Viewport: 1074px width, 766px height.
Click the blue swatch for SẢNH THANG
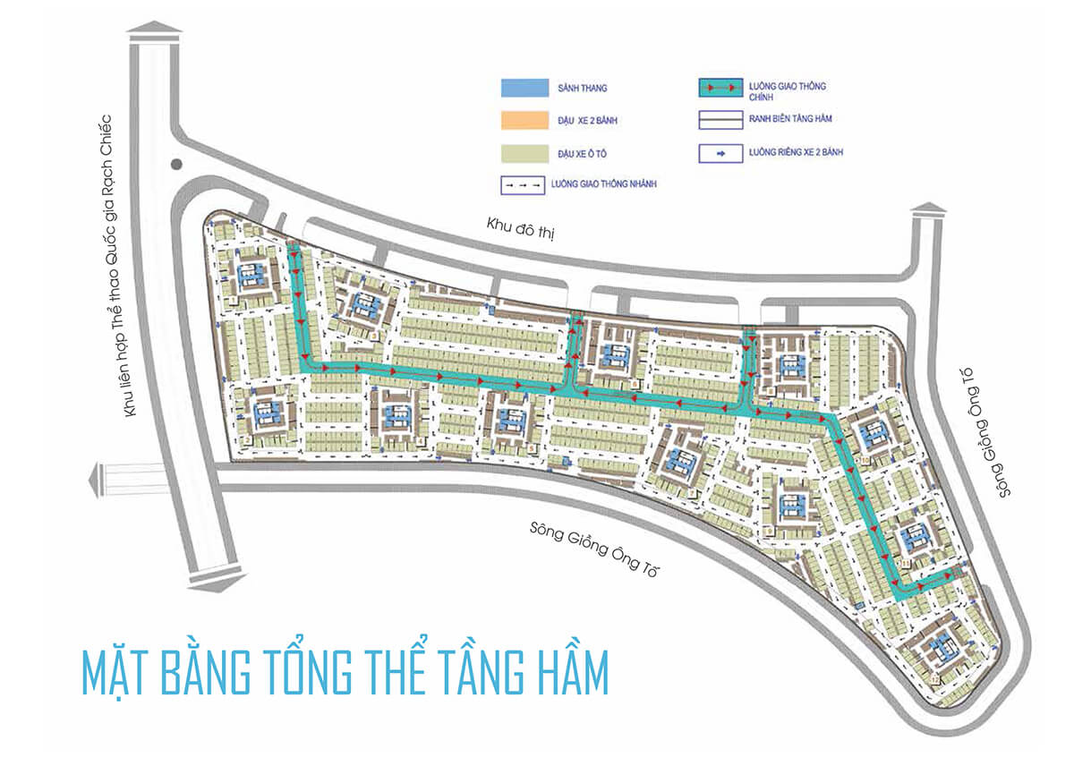tap(523, 87)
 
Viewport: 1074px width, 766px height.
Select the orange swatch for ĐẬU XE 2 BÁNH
tap(523, 120)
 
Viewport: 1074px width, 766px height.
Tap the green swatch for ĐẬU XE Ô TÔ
tap(523, 153)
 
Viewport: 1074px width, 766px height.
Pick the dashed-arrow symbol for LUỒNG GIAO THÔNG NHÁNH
tap(523, 184)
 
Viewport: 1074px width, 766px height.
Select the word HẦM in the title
tap(560, 673)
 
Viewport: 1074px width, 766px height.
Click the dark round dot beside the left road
tap(176, 165)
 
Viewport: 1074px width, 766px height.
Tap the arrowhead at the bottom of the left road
tap(214, 583)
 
